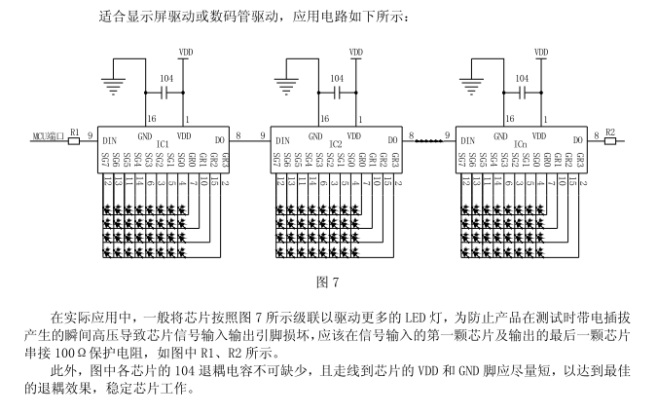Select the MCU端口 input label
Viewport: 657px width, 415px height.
point(46,137)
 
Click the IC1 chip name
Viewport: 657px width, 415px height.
point(163,144)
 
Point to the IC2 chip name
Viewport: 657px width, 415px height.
point(336,144)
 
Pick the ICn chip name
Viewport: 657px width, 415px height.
point(521,144)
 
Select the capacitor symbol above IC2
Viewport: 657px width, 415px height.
point(338,94)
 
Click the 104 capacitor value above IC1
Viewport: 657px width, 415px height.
point(166,77)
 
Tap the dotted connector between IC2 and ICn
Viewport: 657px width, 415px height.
point(428,140)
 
